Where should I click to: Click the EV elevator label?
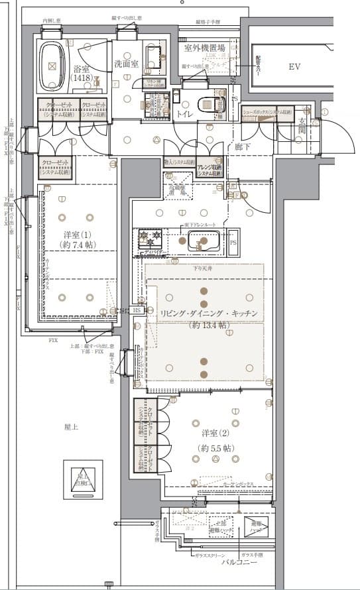[295, 67]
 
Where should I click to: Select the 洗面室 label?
[125, 64]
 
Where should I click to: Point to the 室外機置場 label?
[204, 48]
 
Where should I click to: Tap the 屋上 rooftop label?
[71, 428]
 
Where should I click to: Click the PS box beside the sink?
[233, 243]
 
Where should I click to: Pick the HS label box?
[137, 310]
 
